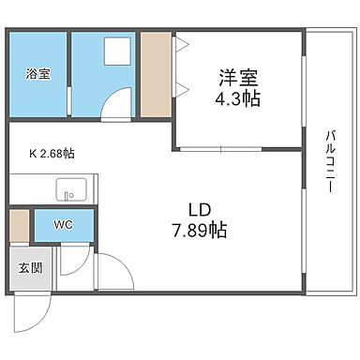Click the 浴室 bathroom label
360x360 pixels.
pyautogui.click(x=37, y=73)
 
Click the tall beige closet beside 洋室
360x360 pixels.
pyautogui.click(x=155, y=75)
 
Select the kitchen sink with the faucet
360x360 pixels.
pyautogui.click(x=68, y=192)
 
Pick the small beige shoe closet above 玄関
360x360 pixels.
pyautogui.click(x=19, y=225)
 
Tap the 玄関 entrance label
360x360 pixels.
pyautogui.click(x=29, y=268)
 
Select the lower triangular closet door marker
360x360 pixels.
pyautogui.click(x=181, y=89)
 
